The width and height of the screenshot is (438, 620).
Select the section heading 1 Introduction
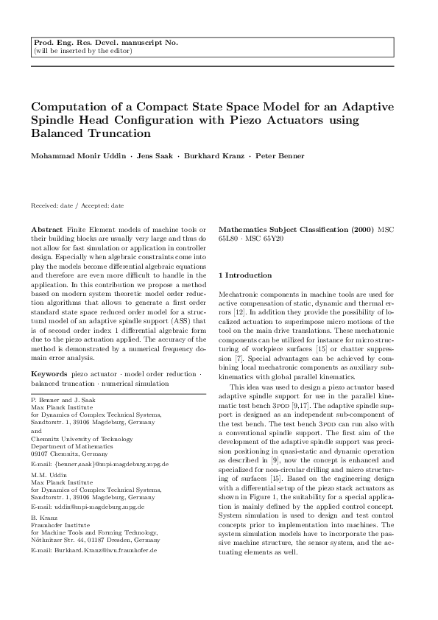pyautogui.click(x=245, y=275)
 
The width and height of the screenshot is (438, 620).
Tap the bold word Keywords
pyautogui.click(x=49, y=374)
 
